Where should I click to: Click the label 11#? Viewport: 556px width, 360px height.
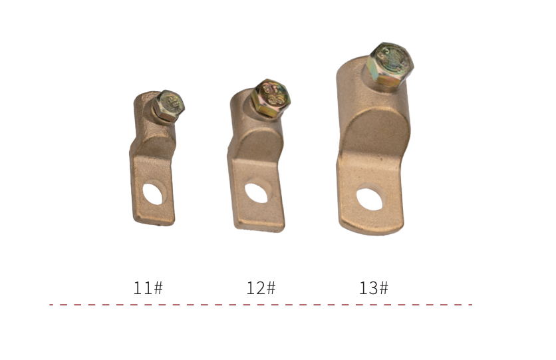click(x=148, y=287)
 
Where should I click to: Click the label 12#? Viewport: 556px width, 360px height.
click(x=261, y=287)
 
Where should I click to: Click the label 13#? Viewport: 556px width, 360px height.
click(x=374, y=287)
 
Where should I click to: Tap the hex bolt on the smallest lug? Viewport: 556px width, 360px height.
click(x=169, y=106)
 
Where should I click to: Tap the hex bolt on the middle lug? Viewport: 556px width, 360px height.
click(x=270, y=98)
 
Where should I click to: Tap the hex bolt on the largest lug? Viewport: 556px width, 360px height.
click(x=390, y=65)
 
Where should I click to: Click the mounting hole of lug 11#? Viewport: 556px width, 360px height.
click(x=154, y=192)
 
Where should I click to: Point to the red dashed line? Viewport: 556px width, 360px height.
click(x=261, y=304)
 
